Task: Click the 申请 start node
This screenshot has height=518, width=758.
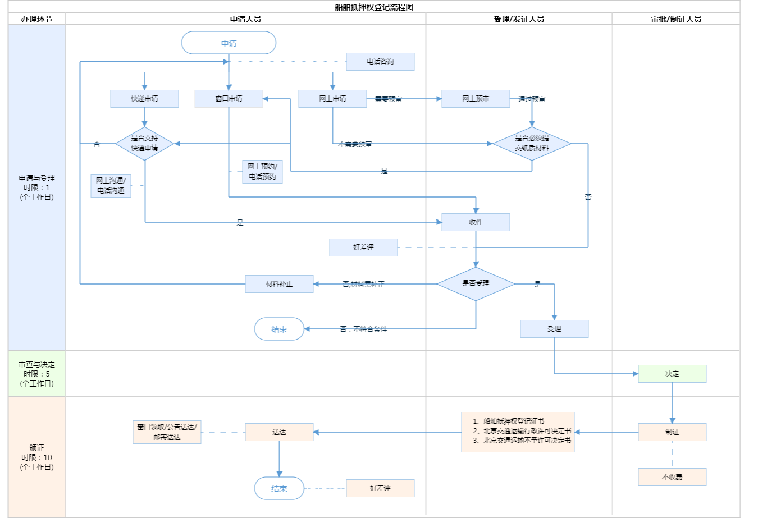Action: tap(229, 43)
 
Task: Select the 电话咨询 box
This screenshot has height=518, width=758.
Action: tap(380, 62)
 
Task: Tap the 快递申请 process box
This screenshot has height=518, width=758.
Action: tap(144, 99)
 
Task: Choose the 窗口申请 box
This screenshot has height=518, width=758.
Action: tap(229, 99)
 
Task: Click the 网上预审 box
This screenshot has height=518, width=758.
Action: tap(476, 99)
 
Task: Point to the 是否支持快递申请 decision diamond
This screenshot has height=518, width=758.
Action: tap(144, 144)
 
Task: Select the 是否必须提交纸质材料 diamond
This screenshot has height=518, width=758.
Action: tap(532, 144)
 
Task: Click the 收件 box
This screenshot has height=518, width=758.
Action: tap(476, 222)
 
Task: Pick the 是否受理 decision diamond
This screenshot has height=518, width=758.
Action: tap(476, 284)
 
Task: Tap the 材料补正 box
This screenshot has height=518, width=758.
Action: tap(279, 284)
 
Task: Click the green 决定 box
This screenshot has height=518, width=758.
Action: tap(672, 374)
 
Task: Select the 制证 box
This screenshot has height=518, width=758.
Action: tap(672, 432)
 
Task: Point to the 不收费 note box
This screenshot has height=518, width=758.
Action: tap(672, 477)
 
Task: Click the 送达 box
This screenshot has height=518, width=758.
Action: tap(279, 432)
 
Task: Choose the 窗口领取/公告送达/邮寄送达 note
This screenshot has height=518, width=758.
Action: tap(167, 432)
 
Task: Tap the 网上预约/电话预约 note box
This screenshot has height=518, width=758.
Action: tap(262, 172)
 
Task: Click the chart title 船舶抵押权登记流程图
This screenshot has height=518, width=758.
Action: tap(374, 7)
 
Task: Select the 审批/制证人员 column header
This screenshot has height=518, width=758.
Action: tap(676, 19)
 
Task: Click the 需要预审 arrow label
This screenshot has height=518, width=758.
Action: tap(388, 99)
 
